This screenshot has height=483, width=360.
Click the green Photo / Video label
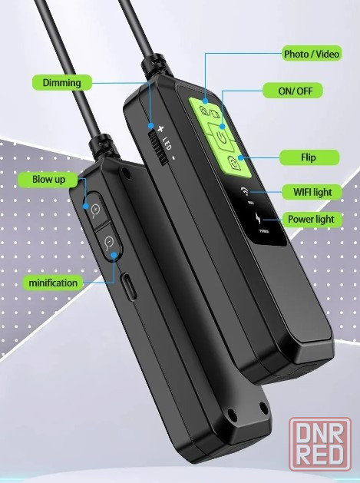(x=312, y=54)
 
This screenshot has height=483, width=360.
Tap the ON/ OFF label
(x=292, y=91)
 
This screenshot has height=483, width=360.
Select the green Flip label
(x=309, y=157)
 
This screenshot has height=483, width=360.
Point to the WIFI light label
(x=312, y=192)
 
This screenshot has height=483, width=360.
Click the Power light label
(x=312, y=219)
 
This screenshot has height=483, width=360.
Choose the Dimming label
(x=62, y=82)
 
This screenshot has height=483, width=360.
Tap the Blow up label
(x=48, y=179)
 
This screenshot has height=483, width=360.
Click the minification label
(x=53, y=282)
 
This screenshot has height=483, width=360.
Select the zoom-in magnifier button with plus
(x=97, y=210)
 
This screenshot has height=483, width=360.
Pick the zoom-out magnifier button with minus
(x=108, y=242)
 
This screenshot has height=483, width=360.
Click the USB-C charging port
(x=129, y=286)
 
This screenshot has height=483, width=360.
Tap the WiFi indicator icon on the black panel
(x=245, y=191)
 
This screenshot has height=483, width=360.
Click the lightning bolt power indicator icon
(x=258, y=219)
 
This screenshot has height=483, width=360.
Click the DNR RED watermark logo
(x=320, y=444)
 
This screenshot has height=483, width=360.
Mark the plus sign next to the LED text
(x=160, y=129)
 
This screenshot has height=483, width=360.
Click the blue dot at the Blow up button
(x=86, y=206)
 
